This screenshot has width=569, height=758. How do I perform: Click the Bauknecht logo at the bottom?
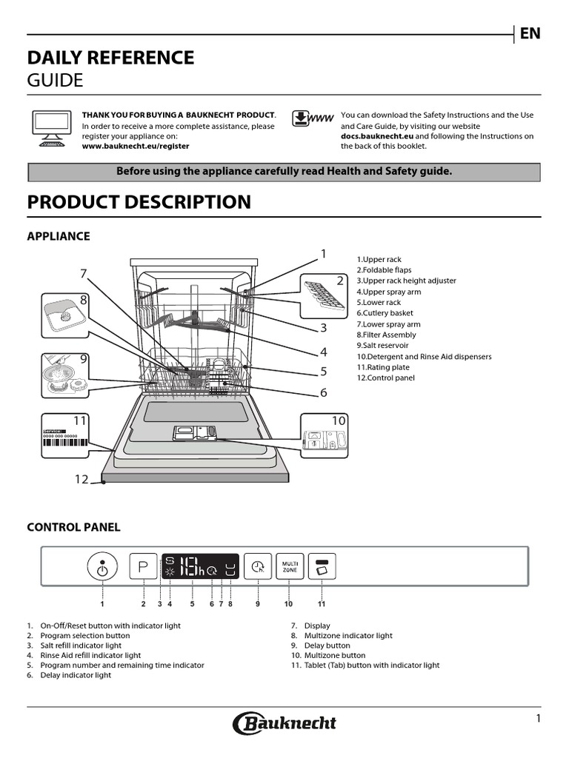284,723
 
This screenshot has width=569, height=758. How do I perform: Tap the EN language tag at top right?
530,33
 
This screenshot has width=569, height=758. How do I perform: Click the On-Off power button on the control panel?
102,567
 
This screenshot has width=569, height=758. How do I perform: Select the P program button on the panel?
144,567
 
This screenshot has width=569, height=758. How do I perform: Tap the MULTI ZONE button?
289,567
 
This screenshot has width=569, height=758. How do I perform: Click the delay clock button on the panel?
258,567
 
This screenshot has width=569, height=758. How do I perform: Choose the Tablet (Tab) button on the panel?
322,567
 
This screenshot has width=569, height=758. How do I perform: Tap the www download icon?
313,120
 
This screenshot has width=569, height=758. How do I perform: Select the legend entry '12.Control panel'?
385,378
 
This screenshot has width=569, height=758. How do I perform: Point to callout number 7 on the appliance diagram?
84,274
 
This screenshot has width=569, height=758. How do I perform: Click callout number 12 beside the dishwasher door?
81,479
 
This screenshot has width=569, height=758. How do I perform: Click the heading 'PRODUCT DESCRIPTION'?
139,202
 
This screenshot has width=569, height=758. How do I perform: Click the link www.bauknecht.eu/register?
135,146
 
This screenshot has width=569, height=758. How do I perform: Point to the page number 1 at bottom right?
539,719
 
